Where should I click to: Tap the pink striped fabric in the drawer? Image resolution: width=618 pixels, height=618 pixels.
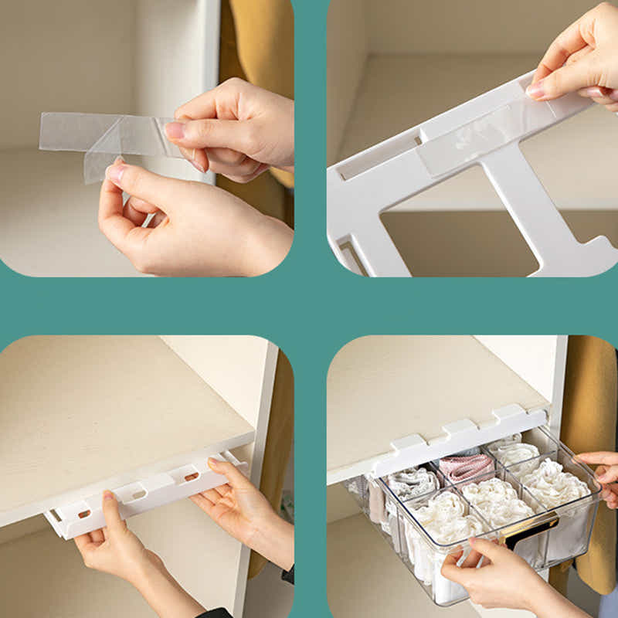tap(467, 467)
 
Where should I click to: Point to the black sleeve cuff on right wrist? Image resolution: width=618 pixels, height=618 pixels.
tap(288, 575)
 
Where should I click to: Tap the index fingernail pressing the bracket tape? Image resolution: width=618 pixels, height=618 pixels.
tap(535, 90)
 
